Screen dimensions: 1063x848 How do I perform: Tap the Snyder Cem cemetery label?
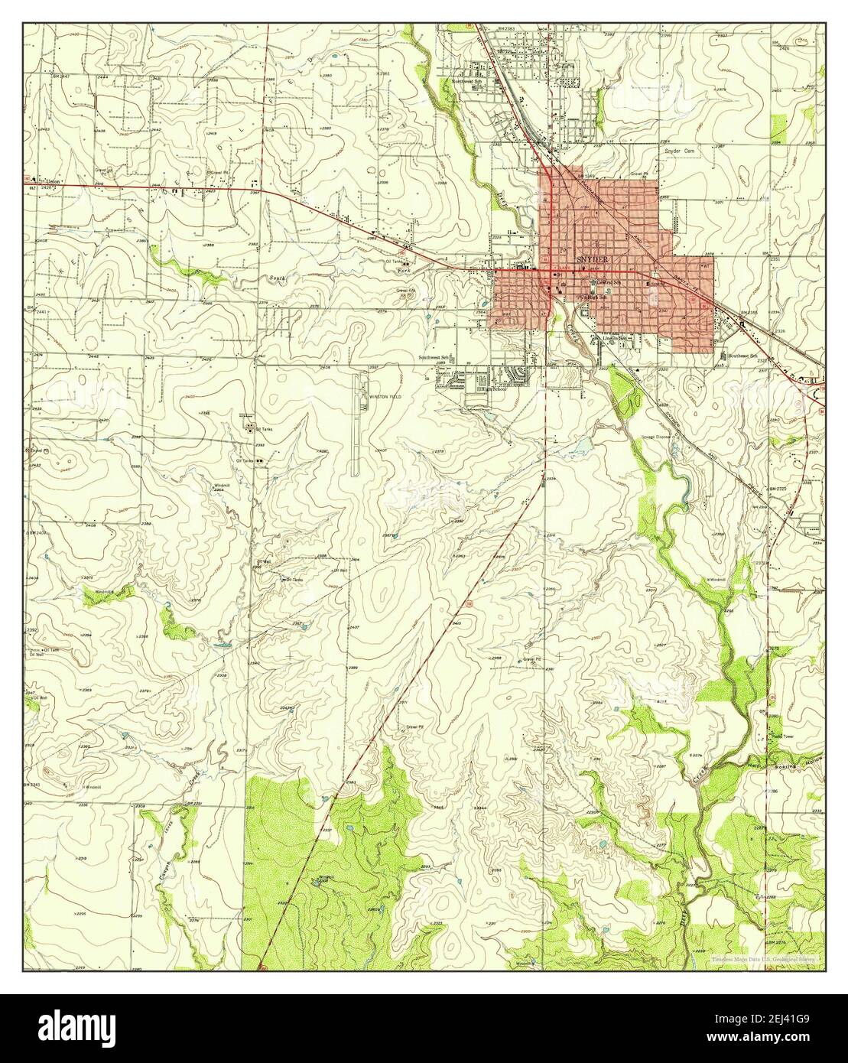point(682,151)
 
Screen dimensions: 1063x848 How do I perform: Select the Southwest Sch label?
point(433,357)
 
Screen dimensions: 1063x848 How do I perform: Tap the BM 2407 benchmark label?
point(37,532)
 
